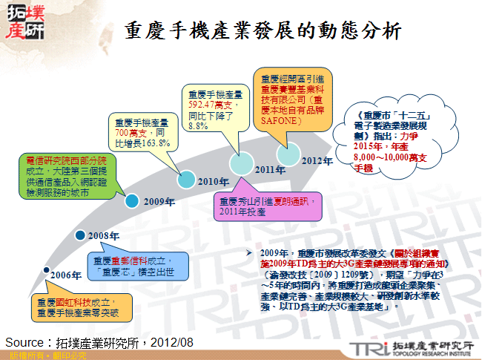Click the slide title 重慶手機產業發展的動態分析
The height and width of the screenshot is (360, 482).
pyautogui.click(x=263, y=30)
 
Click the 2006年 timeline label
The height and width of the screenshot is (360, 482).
pyautogui.click(x=66, y=275)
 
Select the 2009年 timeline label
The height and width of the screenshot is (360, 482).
pyautogui.click(x=159, y=201)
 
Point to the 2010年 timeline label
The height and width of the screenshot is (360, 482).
pyautogui.click(x=212, y=181)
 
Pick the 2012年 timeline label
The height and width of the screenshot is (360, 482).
pyautogui.click(x=317, y=160)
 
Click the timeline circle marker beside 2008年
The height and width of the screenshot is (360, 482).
pyautogui.click(x=79, y=236)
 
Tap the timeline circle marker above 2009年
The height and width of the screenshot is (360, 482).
pyautogui.click(x=131, y=200)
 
